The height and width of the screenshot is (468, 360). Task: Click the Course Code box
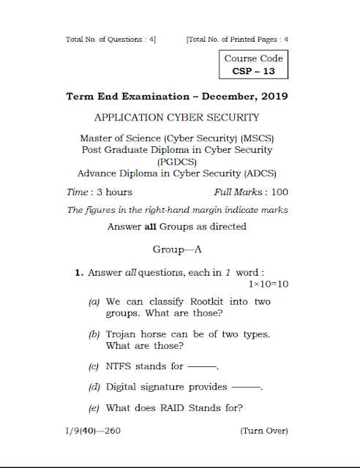point(253,64)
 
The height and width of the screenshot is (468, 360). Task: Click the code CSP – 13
point(253,72)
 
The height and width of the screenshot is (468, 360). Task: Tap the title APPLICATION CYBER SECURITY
point(178,117)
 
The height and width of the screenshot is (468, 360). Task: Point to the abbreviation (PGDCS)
point(177,162)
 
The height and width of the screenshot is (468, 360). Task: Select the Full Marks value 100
point(280,192)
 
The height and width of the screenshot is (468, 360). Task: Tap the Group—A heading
point(177,249)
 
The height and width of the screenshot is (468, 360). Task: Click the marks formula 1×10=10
point(269,284)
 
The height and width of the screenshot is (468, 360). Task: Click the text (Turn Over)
point(264,431)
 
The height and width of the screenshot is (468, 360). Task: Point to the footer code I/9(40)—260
point(94,431)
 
